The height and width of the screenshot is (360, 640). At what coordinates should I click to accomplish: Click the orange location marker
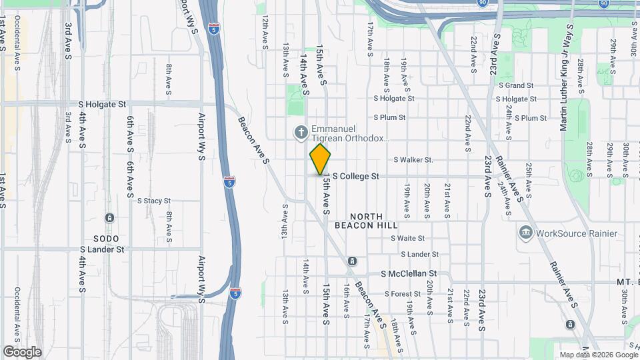click(320, 159)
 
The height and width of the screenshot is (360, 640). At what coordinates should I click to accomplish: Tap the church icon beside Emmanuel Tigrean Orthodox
click(301, 133)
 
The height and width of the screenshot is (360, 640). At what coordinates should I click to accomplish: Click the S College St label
click(355, 177)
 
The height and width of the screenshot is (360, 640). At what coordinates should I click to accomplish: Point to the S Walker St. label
click(413, 160)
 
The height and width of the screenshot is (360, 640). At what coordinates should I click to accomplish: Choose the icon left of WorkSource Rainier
click(525, 233)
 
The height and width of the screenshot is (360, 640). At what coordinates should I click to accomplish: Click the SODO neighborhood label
click(106, 239)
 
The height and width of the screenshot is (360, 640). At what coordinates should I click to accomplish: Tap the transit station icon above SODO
click(109, 218)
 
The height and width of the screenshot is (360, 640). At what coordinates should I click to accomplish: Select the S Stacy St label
click(154, 201)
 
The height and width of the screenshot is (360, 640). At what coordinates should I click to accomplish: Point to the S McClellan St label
click(409, 274)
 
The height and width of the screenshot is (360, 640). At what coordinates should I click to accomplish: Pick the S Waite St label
click(408, 238)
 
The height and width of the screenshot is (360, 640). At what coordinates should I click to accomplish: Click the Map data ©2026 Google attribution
click(597, 355)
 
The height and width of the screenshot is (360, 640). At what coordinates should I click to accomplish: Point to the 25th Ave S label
click(529, 180)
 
